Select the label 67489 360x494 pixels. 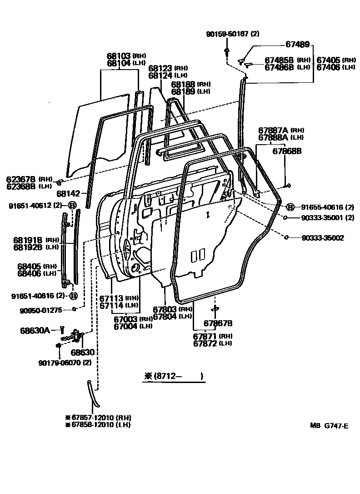298,45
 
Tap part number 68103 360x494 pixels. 119,56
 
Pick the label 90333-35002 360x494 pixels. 323,237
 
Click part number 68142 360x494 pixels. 69,193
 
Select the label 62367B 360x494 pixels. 21,179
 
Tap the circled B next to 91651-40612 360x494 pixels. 72,206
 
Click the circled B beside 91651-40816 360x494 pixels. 73,296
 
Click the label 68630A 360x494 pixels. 35,330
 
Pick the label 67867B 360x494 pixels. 218,323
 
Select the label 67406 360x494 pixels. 329,67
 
